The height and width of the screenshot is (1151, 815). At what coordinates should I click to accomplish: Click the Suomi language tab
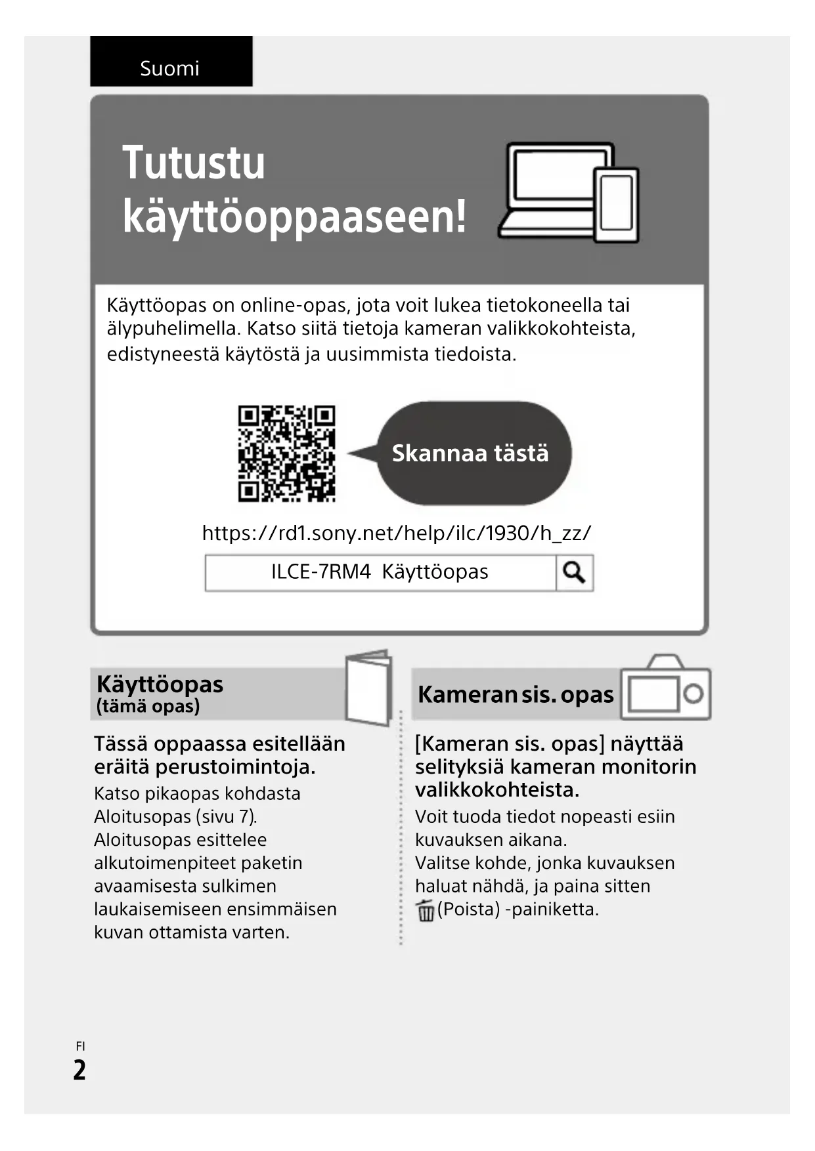[170, 68]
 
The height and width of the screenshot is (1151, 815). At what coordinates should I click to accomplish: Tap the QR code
[286, 453]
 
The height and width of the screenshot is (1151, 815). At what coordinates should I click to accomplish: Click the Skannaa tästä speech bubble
[471, 453]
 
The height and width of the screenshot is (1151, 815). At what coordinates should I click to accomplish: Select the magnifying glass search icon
[574, 573]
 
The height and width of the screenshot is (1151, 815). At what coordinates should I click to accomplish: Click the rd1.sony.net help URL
[396, 533]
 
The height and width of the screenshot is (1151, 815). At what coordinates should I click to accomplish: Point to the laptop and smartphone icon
[569, 192]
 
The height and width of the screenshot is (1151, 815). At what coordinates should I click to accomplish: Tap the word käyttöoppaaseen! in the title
[294, 216]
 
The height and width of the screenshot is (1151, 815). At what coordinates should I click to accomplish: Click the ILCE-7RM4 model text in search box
[321, 572]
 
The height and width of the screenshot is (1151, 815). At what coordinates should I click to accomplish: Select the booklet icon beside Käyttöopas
[368, 686]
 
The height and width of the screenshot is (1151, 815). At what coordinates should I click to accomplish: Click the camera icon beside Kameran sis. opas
[665, 688]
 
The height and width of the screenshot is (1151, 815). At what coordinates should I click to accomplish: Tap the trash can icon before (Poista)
[425, 911]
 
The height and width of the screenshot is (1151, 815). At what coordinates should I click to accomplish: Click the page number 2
[79, 1070]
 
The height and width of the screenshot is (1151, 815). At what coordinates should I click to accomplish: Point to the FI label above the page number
[80, 1047]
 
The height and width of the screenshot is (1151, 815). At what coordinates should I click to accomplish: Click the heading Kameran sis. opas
[516, 695]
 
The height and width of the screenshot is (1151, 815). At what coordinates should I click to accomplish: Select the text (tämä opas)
[148, 707]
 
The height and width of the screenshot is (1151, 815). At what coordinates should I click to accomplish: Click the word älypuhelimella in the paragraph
[173, 328]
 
